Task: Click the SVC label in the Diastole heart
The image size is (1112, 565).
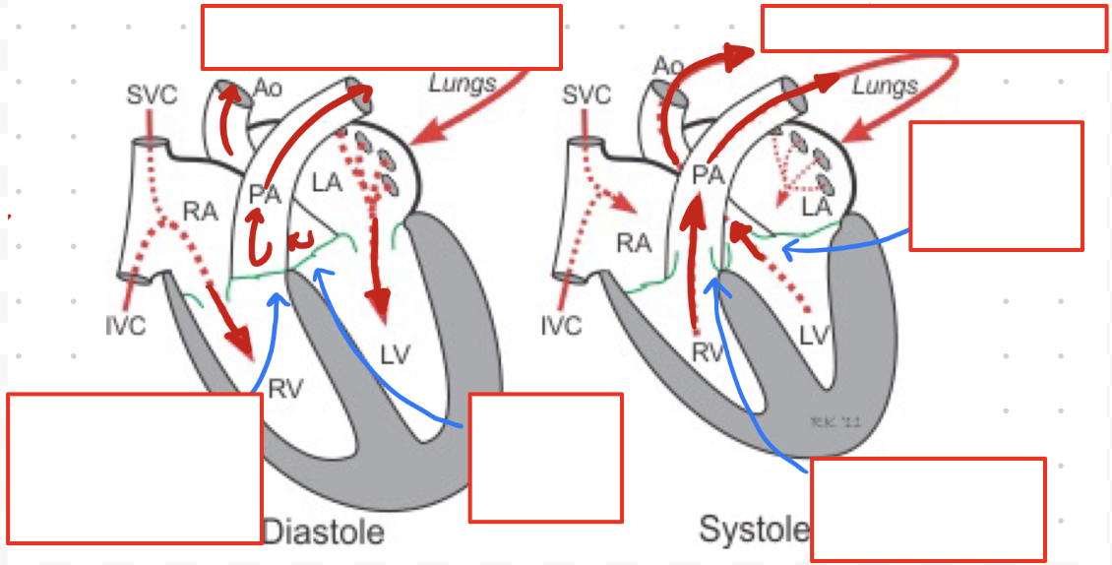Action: pyautogui.click(x=152, y=95)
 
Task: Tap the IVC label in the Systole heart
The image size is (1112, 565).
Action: pyautogui.click(x=561, y=326)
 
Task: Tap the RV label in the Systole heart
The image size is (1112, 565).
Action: pyautogui.click(x=707, y=352)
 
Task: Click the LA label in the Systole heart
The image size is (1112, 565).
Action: pyautogui.click(x=816, y=208)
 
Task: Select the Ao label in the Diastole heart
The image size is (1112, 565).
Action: pyautogui.click(x=268, y=90)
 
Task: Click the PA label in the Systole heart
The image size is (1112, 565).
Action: pyautogui.click(x=708, y=174)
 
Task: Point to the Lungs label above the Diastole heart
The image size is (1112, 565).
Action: pyautogui.click(x=463, y=84)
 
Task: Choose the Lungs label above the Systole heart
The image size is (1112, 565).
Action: pyautogui.click(x=885, y=87)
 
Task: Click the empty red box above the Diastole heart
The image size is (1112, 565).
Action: pyautogui.click(x=382, y=36)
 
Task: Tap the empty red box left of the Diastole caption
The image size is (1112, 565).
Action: pyautogui.click(x=135, y=469)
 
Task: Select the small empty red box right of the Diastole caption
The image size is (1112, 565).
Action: pyautogui.click(x=546, y=459)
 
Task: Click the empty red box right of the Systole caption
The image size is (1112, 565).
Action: pyautogui.click(x=928, y=510)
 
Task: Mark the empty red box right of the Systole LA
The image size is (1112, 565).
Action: pyautogui.click(x=997, y=186)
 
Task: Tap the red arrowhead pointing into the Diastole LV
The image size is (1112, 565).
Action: pyautogui.click(x=381, y=309)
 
